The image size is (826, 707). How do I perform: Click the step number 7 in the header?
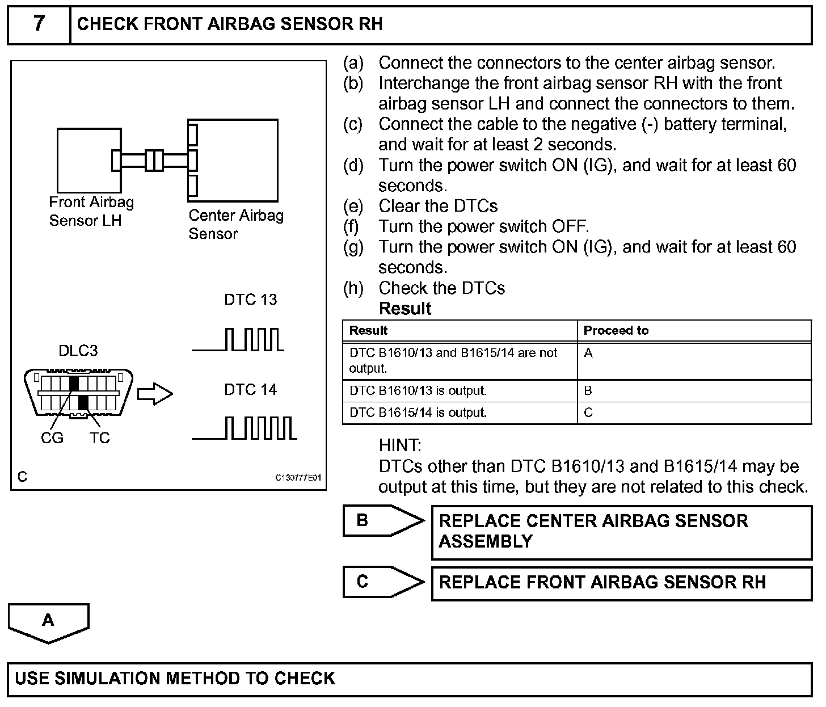[x=38, y=24]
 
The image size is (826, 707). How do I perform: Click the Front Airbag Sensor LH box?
[x=88, y=160]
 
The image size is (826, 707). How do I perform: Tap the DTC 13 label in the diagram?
[x=251, y=300]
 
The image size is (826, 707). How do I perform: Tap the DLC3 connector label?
[x=78, y=351]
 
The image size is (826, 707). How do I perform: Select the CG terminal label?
[x=52, y=438]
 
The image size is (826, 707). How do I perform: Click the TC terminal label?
[x=99, y=438]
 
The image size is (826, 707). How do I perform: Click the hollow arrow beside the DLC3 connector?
[x=155, y=393]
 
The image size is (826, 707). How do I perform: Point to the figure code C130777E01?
[x=298, y=477]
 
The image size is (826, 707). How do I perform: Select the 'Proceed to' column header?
[x=616, y=330]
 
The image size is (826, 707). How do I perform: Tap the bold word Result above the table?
[x=405, y=309]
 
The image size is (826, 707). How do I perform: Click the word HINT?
[x=400, y=445]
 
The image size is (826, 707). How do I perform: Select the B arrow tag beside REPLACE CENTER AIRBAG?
[x=383, y=521]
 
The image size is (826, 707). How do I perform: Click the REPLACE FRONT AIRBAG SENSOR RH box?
[x=621, y=583]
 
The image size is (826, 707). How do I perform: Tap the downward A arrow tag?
[x=49, y=622]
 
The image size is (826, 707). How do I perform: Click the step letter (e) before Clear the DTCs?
[x=353, y=206]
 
